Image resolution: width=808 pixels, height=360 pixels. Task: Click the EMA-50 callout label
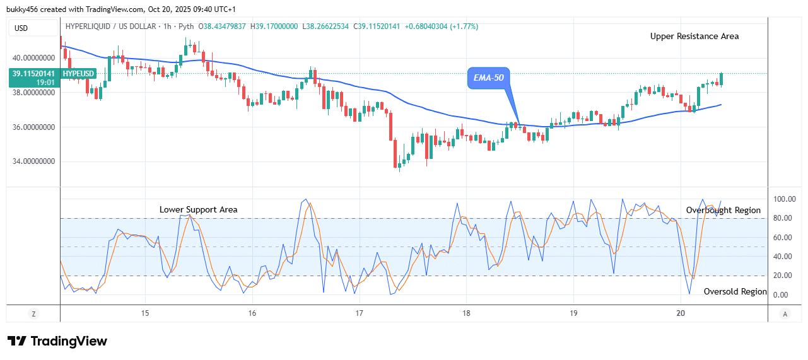click(489, 78)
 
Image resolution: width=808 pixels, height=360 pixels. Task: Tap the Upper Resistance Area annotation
click(694, 37)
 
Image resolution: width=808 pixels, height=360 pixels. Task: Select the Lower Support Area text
click(198, 209)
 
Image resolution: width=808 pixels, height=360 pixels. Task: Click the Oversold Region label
click(735, 292)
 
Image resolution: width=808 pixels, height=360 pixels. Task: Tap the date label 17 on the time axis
click(359, 313)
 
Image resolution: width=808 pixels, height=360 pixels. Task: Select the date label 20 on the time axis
click(680, 313)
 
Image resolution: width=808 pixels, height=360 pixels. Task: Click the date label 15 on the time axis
click(145, 313)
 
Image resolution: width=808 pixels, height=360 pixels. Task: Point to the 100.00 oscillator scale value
click(784, 199)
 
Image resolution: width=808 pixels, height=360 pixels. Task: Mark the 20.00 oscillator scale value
click(782, 276)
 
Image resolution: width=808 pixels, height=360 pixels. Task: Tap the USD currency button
click(21, 28)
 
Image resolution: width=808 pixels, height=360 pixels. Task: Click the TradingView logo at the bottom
click(57, 341)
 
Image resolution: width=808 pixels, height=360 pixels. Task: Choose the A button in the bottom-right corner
click(785, 313)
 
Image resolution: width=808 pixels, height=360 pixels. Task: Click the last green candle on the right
click(721, 79)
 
